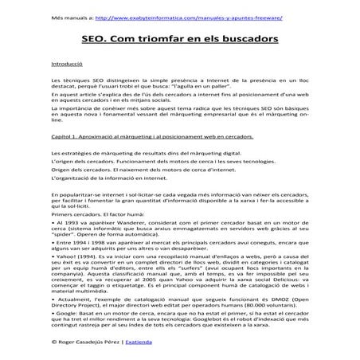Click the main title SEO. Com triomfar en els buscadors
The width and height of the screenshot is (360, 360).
[179, 37]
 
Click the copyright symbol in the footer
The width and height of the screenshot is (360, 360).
[53, 340]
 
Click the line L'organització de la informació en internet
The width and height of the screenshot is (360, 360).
[115, 183]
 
